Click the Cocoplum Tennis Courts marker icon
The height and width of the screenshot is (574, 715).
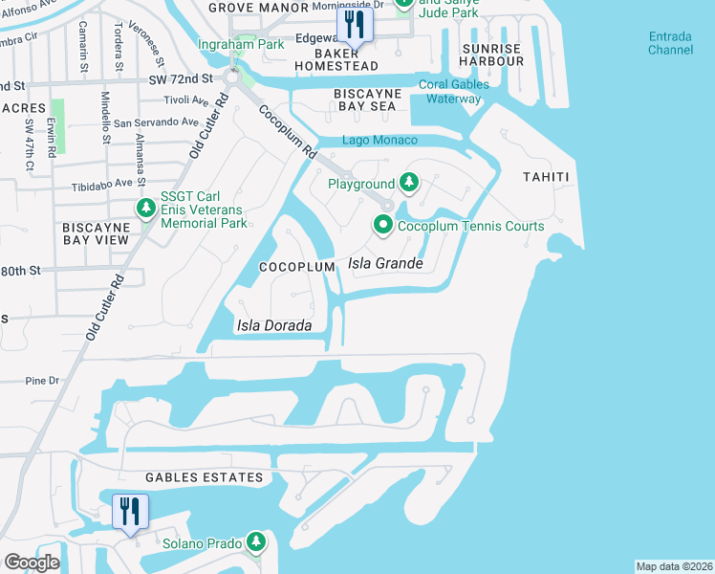click(x=383, y=226)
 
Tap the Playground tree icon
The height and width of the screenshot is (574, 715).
click(x=409, y=183)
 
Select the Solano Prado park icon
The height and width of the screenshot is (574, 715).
click(x=255, y=542)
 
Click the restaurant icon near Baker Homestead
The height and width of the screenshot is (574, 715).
click(x=354, y=27)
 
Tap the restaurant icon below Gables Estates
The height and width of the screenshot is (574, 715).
click(x=130, y=511)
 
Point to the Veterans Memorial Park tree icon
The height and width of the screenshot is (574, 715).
click(x=146, y=208)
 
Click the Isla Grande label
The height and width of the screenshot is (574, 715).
click(x=385, y=263)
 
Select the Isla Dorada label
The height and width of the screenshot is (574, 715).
click(x=274, y=326)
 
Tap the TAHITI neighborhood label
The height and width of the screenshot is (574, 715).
click(x=546, y=177)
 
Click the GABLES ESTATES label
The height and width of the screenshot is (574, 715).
click(x=204, y=477)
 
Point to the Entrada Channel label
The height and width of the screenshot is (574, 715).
click(x=670, y=43)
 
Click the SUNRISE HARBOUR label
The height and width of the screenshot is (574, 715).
click(x=492, y=55)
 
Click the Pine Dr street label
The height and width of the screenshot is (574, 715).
click(x=42, y=380)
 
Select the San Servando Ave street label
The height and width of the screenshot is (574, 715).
click(x=156, y=122)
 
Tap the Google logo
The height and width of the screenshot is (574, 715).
click(x=32, y=563)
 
